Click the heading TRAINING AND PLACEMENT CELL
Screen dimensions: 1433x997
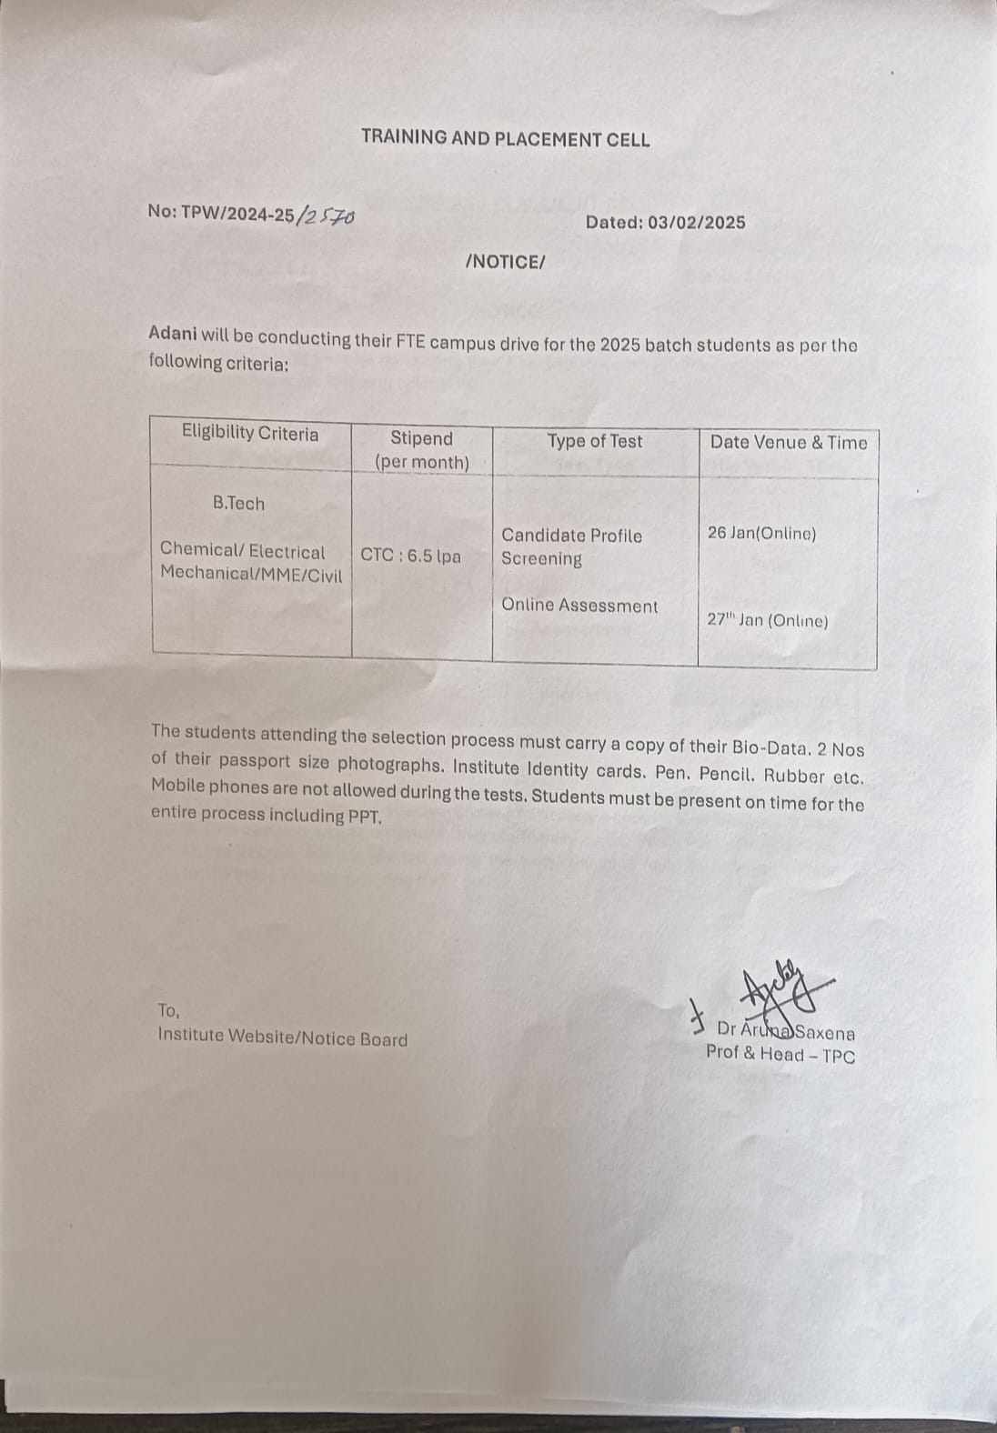tap(505, 139)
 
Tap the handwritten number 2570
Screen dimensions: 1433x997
tap(327, 215)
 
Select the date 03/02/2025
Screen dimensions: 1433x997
tap(696, 223)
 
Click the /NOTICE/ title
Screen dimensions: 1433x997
tap(505, 262)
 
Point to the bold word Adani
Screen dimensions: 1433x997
tap(172, 333)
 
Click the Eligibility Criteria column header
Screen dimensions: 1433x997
tap(250, 433)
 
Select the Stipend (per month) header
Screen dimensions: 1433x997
tap(421, 450)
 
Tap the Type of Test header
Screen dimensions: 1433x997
tap(595, 442)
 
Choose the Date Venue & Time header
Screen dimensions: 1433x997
tap(789, 443)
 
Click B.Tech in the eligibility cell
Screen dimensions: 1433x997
tap(238, 503)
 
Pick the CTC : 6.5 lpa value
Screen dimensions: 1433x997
tap(410, 556)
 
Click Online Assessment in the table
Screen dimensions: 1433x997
tap(579, 606)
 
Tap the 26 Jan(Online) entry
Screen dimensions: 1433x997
tap(761, 534)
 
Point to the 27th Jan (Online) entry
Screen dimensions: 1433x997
tap(768, 621)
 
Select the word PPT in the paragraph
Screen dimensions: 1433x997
tap(364, 816)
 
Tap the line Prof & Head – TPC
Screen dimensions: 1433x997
tap(780, 1055)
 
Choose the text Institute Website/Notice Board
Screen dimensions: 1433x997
tap(283, 1038)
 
